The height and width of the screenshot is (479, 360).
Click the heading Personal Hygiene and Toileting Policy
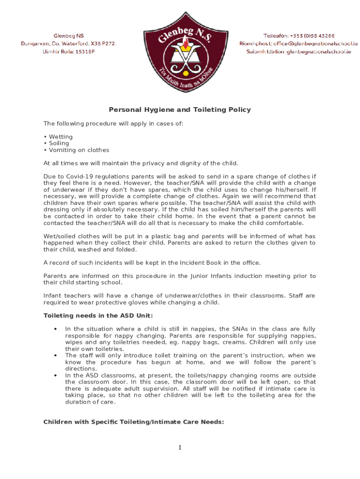click(180, 110)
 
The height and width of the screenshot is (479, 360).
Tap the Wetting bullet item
click(60, 137)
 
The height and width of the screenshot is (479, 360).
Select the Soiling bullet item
click(58, 144)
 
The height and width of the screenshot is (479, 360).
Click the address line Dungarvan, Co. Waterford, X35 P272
click(68, 44)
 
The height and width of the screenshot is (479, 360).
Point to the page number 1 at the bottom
click(180, 448)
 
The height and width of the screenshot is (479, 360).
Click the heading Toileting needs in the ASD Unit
click(98, 316)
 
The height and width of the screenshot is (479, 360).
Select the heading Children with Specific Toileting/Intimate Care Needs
click(134, 422)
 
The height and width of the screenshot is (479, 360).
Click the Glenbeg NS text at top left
click(69, 36)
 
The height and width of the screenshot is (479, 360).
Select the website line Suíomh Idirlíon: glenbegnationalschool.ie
click(299, 51)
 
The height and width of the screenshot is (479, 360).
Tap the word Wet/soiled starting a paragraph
click(60, 236)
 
